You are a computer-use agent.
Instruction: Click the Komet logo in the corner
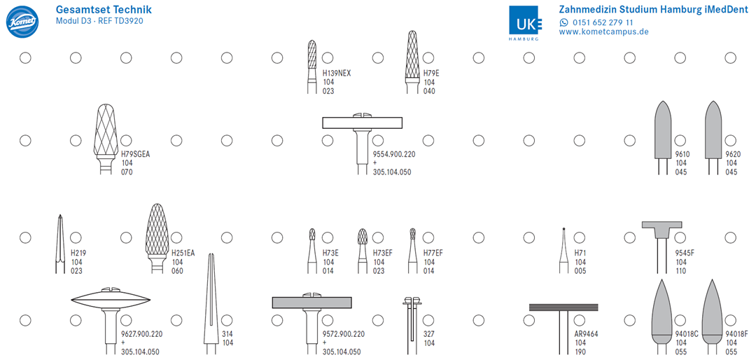pos(22,21)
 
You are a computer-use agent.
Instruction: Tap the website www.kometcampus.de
pos(603,32)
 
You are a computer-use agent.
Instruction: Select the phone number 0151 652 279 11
pos(603,22)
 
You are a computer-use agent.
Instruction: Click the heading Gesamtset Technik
pos(104,10)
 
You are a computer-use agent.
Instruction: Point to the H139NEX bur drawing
pos(312,67)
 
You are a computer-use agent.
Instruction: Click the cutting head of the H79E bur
pos(412,55)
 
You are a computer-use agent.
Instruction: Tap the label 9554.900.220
pos(394,154)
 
